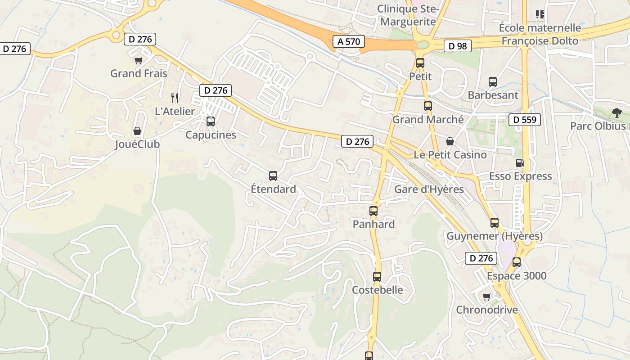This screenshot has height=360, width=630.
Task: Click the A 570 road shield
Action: pyautogui.click(x=349, y=42)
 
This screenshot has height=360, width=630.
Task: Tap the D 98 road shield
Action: pyautogui.click(x=458, y=45)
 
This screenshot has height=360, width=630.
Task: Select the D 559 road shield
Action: pyautogui.click(x=525, y=120)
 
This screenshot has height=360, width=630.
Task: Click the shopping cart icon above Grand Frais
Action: pyautogui.click(x=138, y=60)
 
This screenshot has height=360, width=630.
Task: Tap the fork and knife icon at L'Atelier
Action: pyautogui.click(x=175, y=98)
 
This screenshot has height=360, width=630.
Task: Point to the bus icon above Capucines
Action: pyautogui.click(x=210, y=121)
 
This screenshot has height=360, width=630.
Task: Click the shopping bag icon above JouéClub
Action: pyautogui.click(x=137, y=131)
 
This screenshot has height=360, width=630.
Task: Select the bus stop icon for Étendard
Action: pyautogui.click(x=273, y=175)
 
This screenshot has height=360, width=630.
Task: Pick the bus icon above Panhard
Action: pyautogui.click(x=373, y=211)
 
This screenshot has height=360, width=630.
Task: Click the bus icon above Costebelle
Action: pyautogui.click(x=377, y=276)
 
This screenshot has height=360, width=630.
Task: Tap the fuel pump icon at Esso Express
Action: pyautogui.click(x=520, y=162)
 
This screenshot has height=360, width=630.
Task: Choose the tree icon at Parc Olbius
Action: pyautogui.click(x=616, y=112)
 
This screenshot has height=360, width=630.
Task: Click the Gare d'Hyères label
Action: pyautogui.click(x=429, y=189)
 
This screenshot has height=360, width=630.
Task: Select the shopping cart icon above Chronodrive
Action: pyautogui.click(x=486, y=297)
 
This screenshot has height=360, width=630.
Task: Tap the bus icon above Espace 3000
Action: pyautogui.click(x=516, y=262)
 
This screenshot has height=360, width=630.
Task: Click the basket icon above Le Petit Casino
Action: pyautogui.click(x=450, y=141)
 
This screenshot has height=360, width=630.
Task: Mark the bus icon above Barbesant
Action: pyautogui.click(x=493, y=82)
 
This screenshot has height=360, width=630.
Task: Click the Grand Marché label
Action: pyautogui.click(x=428, y=119)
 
